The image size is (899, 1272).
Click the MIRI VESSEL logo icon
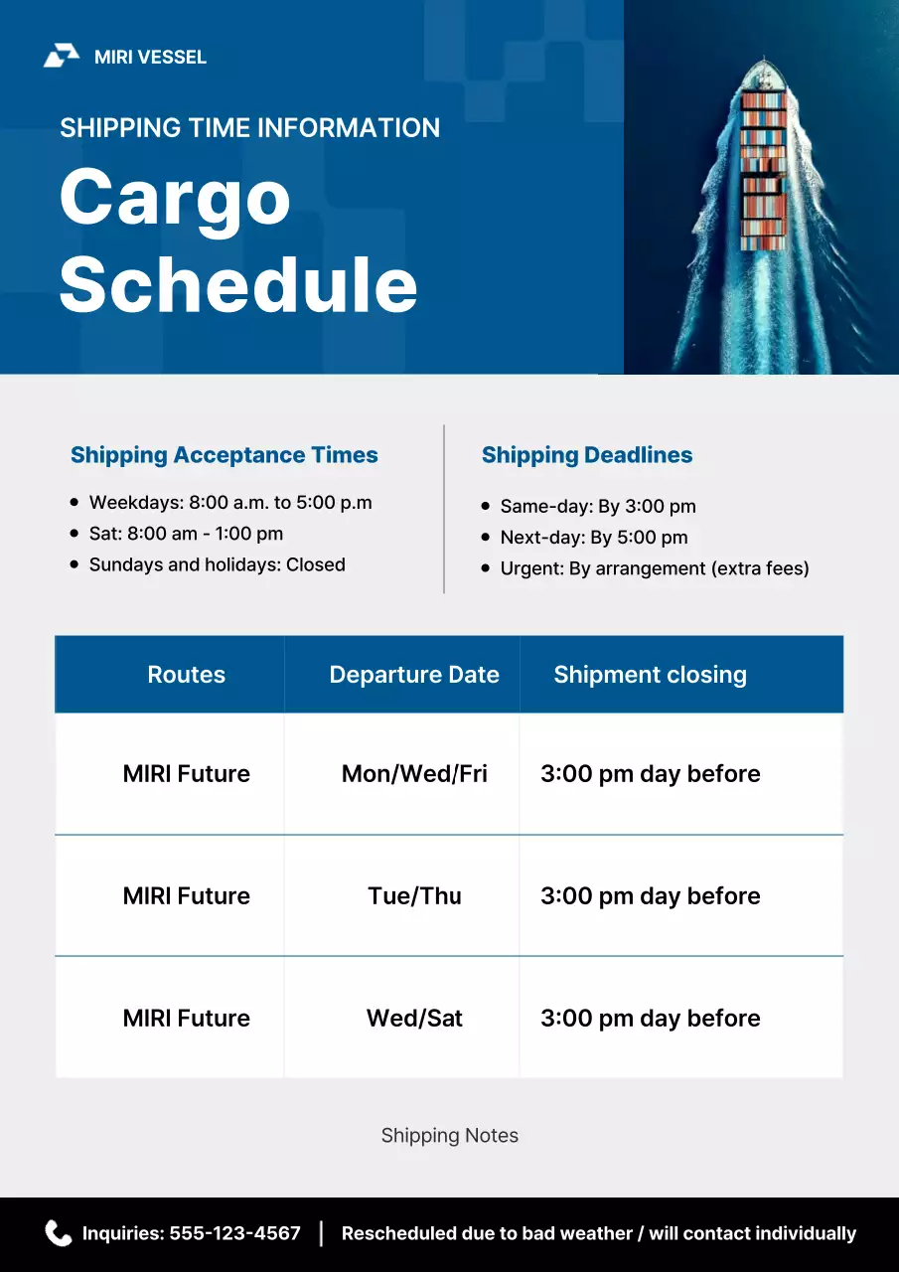click(61, 57)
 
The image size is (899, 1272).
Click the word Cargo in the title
click(175, 196)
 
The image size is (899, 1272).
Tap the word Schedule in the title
click(238, 283)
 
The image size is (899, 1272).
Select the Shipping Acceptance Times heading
click(225, 455)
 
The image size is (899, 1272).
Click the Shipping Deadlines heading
click(587, 455)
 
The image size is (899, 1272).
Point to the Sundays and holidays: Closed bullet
click(217, 564)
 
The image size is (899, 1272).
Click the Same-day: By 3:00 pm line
click(598, 506)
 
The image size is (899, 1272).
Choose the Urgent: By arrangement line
click(655, 568)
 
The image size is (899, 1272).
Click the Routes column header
click(186, 675)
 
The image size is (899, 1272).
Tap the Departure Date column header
click(414, 675)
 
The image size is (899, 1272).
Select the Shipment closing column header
click(650, 675)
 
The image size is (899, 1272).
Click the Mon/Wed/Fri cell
click(414, 774)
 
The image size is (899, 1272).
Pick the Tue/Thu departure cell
click(414, 896)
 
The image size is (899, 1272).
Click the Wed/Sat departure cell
click(414, 1019)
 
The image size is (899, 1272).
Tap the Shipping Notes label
click(450, 1135)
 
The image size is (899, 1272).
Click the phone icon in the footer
click(59, 1233)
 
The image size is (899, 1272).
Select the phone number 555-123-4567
click(234, 1233)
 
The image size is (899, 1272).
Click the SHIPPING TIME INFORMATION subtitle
click(249, 128)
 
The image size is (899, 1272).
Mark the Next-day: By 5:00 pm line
click(594, 538)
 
